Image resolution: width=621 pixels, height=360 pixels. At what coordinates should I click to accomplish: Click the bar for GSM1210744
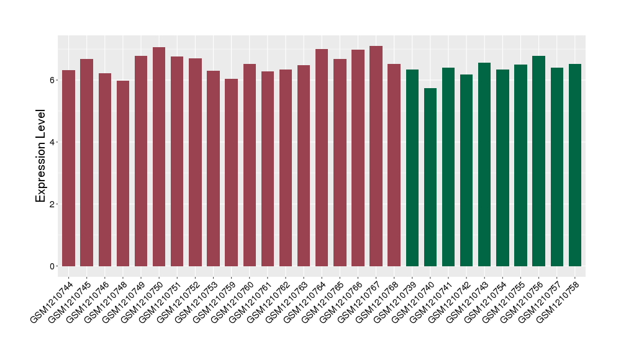pos(68,168)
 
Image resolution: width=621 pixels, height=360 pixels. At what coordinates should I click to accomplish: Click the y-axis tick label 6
pos(54,80)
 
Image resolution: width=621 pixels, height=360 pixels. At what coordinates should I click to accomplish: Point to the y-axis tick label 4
pos(54,142)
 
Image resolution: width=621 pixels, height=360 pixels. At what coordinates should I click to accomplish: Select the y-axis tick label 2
pos(54,204)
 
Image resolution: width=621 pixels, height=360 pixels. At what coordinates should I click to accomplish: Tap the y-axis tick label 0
pos(54,266)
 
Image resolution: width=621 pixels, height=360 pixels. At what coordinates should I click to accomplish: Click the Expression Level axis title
pos(41,155)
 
